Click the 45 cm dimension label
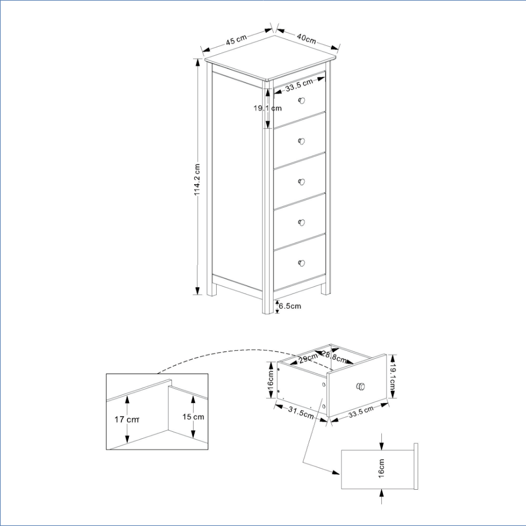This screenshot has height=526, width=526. tap(236, 39)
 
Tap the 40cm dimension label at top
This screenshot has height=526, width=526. tap(306, 38)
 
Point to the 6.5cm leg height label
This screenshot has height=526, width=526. tap(290, 306)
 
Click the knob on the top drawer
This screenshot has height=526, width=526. tap(301, 100)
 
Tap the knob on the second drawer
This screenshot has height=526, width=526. tap(301, 141)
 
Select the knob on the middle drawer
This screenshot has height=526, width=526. tap(301, 182)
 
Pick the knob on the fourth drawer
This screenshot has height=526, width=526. tap(301, 222)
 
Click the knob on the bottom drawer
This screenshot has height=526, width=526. tap(301, 263)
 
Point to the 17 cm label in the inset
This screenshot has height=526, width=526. tap(127, 419)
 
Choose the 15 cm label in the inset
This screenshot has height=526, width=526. tap(193, 417)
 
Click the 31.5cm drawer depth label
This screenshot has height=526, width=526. tap(301, 413)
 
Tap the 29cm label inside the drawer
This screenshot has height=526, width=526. tap(308, 358)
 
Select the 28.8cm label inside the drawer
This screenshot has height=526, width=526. tap(334, 357)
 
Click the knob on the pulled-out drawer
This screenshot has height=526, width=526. tap(361, 387)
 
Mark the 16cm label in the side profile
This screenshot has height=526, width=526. tap(381, 469)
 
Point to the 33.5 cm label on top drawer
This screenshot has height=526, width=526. tap(299, 85)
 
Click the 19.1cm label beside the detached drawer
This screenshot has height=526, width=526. tap(392, 376)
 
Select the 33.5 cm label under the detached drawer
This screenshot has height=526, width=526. tap(361, 412)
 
